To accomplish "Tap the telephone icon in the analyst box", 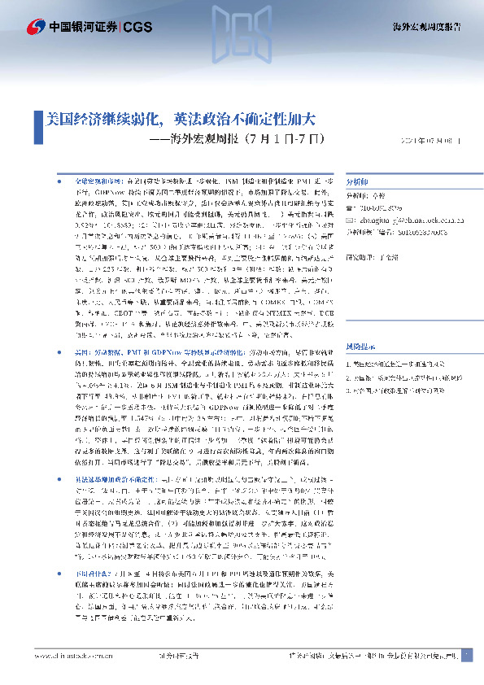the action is coord(351,207).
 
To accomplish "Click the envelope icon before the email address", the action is coord(351,218).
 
